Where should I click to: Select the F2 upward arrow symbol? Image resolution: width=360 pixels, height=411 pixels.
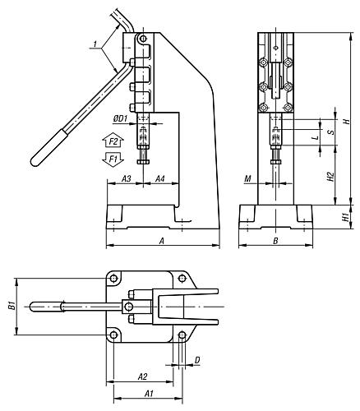pos(113,142)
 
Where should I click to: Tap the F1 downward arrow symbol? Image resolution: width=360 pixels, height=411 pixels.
pos(113,157)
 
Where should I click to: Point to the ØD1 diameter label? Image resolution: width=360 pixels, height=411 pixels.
pos(120,120)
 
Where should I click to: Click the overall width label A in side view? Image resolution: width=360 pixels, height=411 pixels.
pos(161,240)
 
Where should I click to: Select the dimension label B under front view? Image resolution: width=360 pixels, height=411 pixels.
pos(275,240)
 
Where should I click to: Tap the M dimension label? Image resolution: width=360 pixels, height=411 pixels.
pos(247,178)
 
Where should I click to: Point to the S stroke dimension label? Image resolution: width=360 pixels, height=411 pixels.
pos(330,131)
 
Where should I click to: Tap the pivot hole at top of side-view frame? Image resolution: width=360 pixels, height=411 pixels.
pos(143,38)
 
